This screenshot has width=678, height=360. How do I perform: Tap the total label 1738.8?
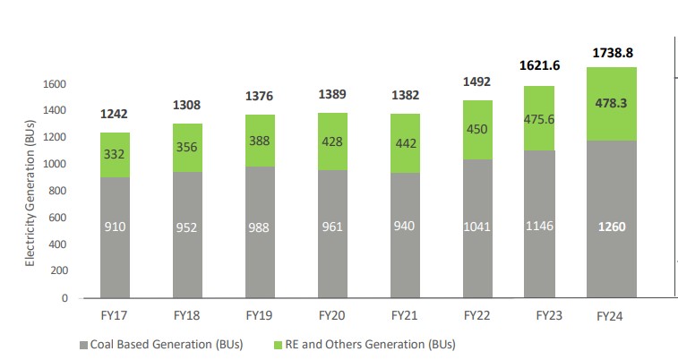pyautogui.click(x=614, y=53)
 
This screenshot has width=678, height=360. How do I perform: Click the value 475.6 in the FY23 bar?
pyautogui.click(x=539, y=119)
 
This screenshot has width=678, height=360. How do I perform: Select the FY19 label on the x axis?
pyautogui.click(x=260, y=315)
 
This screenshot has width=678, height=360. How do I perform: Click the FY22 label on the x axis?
pyautogui.click(x=476, y=315)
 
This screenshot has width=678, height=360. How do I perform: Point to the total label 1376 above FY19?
pyautogui.click(x=261, y=96)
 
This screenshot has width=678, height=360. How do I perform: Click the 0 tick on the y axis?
pyautogui.click(x=64, y=297)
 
